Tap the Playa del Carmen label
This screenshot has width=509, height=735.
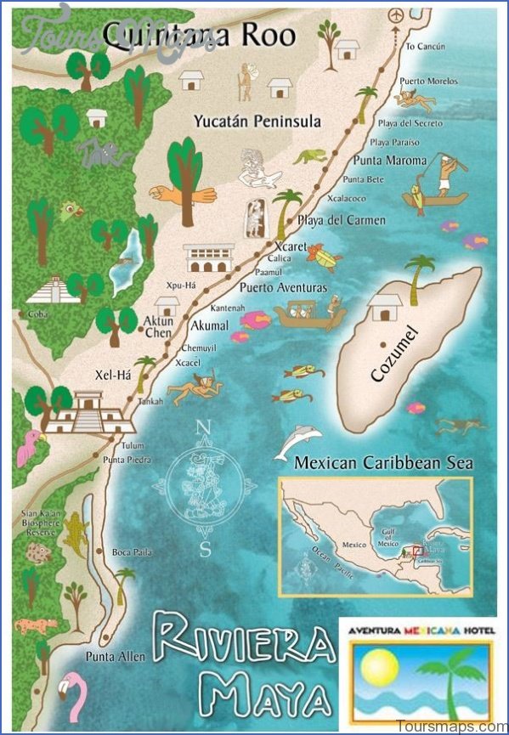(x=341, y=220)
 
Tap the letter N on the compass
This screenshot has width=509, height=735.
(x=202, y=427)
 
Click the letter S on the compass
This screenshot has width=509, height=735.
(x=204, y=548)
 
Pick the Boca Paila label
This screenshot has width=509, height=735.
(x=132, y=552)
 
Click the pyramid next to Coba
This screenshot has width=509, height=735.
(x=53, y=291)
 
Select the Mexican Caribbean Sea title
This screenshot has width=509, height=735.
(x=382, y=464)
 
